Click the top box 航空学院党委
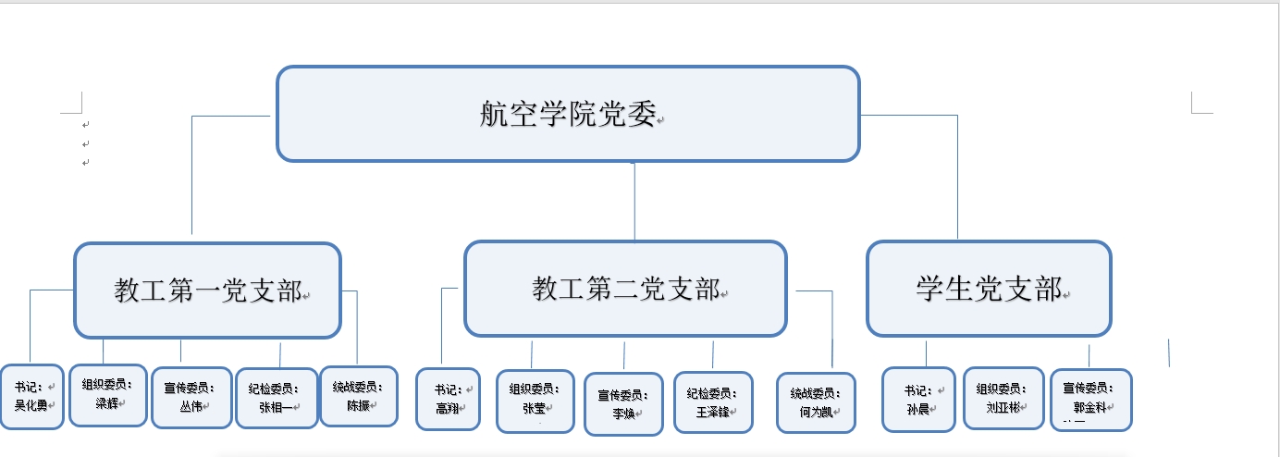coord(568,114)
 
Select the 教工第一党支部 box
coord(207,290)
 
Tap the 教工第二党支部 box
coord(626,289)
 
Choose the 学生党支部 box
coord(990,289)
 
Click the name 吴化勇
coord(31,405)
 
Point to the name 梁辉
coord(107,403)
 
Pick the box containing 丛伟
coord(192,398)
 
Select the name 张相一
coord(276,407)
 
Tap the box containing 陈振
coord(359,397)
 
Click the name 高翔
coord(448,408)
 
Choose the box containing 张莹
coord(535,401)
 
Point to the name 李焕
coord(623,413)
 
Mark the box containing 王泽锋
coord(713,402)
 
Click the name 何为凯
coord(816,412)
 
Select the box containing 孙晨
coord(918,400)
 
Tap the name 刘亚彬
coord(1003,407)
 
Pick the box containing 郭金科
coord(1090,400)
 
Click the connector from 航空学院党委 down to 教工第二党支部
coord(634,202)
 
